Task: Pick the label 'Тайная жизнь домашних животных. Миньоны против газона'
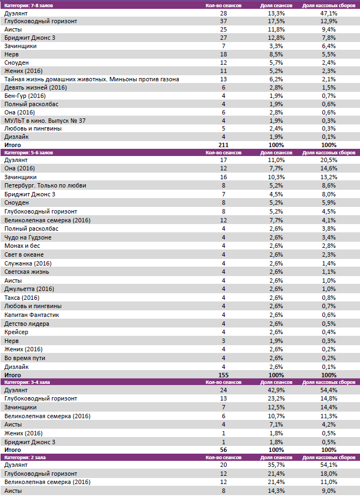tap(92, 79)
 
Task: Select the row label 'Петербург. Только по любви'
tap(45, 185)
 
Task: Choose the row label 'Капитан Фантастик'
tap(32, 315)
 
